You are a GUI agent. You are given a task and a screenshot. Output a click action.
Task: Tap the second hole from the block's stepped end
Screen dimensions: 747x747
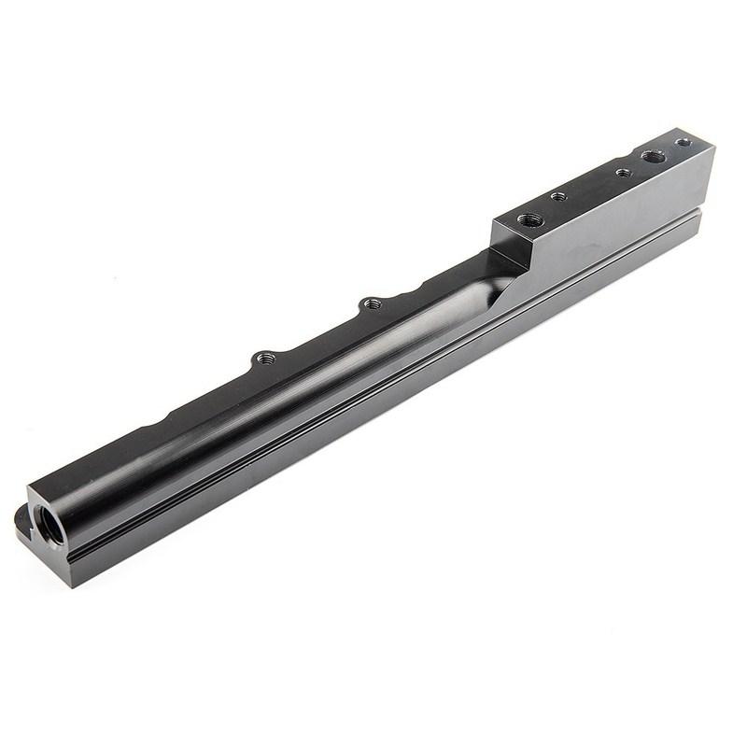[558, 197]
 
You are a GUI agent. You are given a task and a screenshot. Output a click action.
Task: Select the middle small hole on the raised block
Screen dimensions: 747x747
[623, 173]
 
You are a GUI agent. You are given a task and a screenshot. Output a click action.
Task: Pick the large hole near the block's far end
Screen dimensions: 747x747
[654, 156]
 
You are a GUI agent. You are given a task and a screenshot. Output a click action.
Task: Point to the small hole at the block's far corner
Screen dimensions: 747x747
[684, 143]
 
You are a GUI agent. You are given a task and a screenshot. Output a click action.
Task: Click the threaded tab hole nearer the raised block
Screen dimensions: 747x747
[371, 303]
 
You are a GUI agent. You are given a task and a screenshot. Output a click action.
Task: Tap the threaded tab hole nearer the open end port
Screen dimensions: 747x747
[266, 358]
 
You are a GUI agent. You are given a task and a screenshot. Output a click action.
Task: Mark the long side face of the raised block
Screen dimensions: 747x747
[616, 215]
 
